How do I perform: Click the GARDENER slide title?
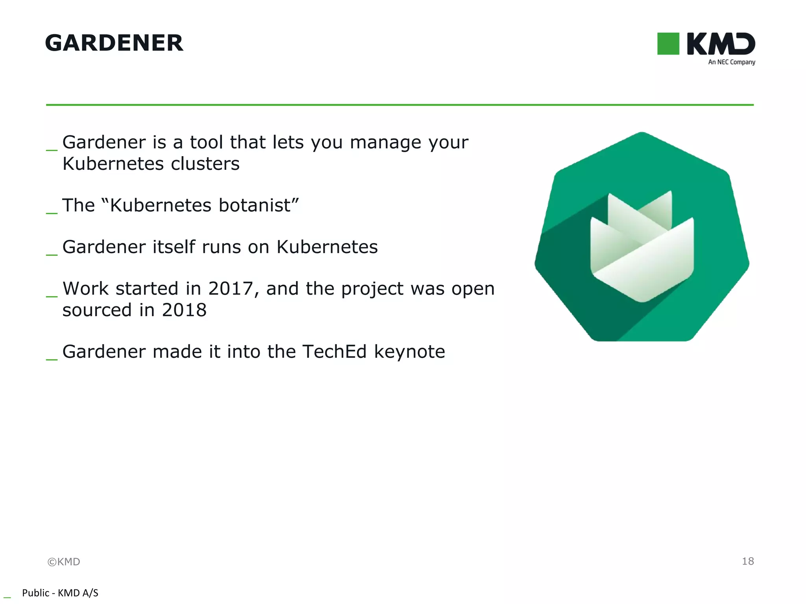pos(114,43)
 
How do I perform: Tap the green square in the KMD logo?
pos(668,44)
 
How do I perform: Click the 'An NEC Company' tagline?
pos(731,62)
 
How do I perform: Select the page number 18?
pos(748,561)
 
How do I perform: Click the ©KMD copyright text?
pos(64,562)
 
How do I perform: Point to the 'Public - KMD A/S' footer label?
pos(60,593)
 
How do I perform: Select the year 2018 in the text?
pos(184,310)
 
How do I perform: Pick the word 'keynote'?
pos(409,352)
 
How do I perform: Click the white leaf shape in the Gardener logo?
pos(642,252)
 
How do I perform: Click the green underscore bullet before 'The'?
pos(52,212)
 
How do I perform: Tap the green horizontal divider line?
pos(400,105)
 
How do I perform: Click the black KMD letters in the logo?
pos(721,44)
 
